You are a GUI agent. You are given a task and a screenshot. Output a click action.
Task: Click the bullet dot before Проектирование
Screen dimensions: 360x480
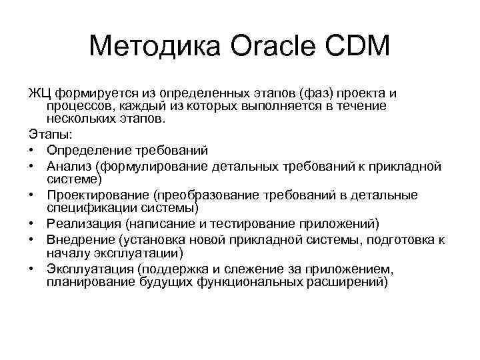[x=33, y=195]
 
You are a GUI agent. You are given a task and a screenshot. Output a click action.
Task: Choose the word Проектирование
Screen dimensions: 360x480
[x=98, y=195]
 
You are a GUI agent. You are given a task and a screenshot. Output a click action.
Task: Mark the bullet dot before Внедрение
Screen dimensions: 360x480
[x=33, y=239]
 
